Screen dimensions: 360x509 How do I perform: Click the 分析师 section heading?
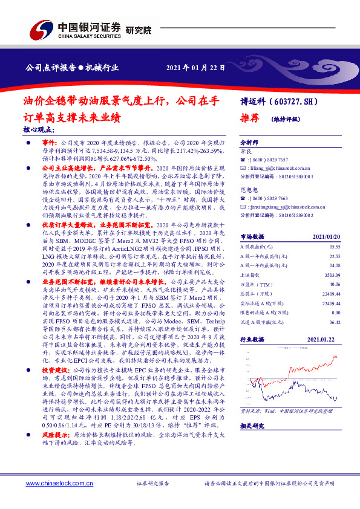point(249,141)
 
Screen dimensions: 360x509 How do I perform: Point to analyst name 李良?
point(246,149)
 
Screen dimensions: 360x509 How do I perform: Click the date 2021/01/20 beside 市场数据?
point(336,220)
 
